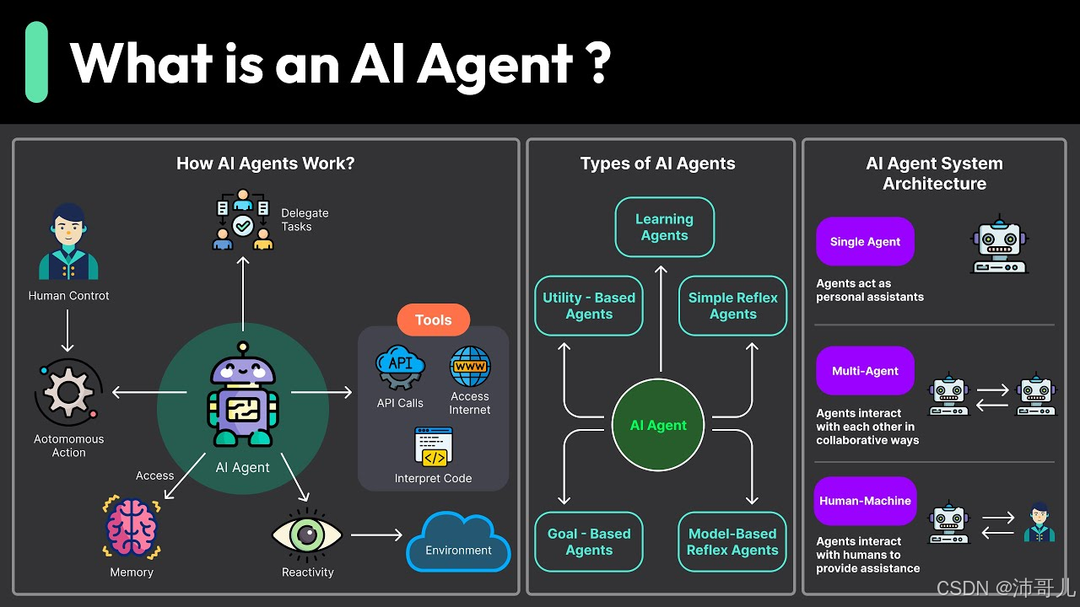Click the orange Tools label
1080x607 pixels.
pyautogui.click(x=433, y=320)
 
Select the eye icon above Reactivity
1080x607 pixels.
pyautogui.click(x=307, y=534)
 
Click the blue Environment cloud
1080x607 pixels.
pyautogui.click(x=458, y=544)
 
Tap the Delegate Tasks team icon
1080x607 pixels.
pyautogui.click(x=243, y=220)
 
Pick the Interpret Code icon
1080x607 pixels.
pyautogui.click(x=434, y=448)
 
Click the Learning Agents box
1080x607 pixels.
pyautogui.click(x=665, y=228)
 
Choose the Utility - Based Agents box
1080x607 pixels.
pyautogui.click(x=589, y=306)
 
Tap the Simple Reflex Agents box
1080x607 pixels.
pyautogui.click(x=732, y=306)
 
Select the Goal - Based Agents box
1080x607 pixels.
pyautogui.click(x=589, y=542)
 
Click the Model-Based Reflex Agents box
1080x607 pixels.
pyautogui.click(x=732, y=542)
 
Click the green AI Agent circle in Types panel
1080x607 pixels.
pyautogui.click(x=658, y=426)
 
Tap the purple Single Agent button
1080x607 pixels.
pyautogui.click(x=865, y=242)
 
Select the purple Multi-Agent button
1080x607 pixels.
pyautogui.click(x=865, y=371)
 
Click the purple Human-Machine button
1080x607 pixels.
pyautogui.click(x=865, y=501)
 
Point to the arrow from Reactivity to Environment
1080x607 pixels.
pyautogui.click(x=376, y=534)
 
